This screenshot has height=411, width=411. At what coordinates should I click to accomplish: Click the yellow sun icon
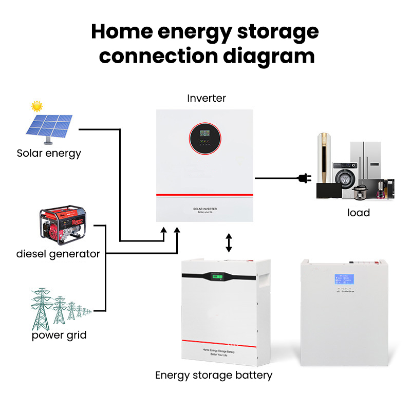point(36,106)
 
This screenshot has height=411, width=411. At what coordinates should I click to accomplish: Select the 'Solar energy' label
point(49,153)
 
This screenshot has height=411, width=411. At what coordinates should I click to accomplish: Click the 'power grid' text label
point(59,335)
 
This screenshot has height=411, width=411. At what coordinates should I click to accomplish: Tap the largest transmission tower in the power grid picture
point(40,308)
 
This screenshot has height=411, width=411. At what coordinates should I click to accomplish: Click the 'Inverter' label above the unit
point(207,98)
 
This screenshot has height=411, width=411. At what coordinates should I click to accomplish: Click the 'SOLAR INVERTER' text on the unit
point(204,209)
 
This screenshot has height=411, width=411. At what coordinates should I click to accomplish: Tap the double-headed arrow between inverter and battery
point(229,242)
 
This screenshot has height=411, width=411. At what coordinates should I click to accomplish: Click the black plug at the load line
point(303,179)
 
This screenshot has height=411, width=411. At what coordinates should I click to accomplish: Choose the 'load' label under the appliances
point(358,213)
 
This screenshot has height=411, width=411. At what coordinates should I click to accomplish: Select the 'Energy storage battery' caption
point(214,376)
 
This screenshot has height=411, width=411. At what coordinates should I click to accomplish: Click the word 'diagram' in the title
point(269,55)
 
